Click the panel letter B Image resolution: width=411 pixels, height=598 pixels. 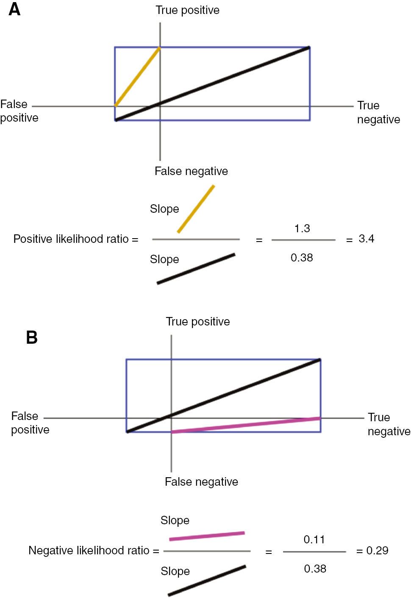click(32, 337)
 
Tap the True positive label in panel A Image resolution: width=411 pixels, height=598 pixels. click(187, 11)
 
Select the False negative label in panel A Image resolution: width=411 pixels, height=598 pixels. click(191, 171)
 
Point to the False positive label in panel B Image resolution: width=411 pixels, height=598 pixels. click(30, 423)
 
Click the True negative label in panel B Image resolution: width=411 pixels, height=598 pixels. click(389, 424)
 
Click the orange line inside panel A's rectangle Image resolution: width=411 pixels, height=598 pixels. click(137, 77)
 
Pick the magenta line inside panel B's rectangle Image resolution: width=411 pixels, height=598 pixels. click(246, 425)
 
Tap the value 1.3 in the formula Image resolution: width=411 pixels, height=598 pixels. click(302, 228)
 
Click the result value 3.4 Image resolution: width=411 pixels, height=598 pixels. click(367, 239)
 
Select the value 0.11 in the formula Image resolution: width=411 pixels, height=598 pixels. click(314, 540)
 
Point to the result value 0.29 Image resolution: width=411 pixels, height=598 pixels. click(378, 550)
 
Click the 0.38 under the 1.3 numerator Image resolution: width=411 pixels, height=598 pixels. click(302, 258)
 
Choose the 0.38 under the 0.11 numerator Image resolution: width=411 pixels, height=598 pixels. click(315, 569)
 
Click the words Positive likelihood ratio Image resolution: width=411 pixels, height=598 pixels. click(71, 239)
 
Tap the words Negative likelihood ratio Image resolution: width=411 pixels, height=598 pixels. click(89, 550)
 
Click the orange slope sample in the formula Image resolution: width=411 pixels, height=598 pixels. click(196, 209)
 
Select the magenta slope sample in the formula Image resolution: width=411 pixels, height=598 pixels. click(207, 536)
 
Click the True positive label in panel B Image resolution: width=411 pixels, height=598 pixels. click(198, 322)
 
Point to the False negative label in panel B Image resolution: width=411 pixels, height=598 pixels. click(202, 482)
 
